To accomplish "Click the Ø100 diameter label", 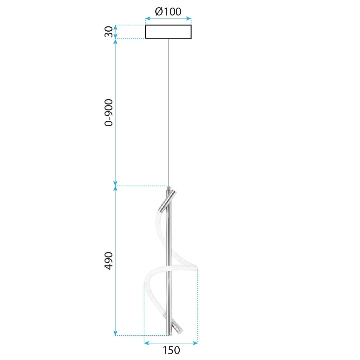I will (168, 12).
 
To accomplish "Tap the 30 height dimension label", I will (108, 32).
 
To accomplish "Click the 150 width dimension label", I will (171, 350).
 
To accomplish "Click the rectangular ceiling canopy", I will (168, 32).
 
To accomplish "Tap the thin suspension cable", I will (168, 112).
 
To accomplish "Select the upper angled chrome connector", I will (167, 201).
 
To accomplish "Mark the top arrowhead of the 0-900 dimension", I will (115, 42).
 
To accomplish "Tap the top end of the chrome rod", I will (169, 188).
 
